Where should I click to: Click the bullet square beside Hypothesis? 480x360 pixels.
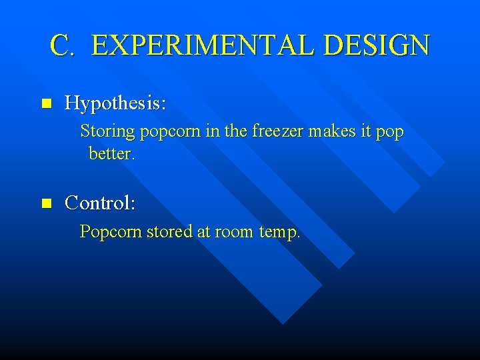click(x=46, y=104)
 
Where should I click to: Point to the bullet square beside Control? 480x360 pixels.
click(x=46, y=203)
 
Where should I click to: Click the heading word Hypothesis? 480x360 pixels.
click(x=115, y=103)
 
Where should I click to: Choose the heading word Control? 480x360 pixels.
click(x=100, y=202)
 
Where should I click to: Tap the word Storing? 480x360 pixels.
click(x=107, y=133)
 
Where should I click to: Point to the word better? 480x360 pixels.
click(x=111, y=154)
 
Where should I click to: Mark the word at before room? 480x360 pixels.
click(x=203, y=233)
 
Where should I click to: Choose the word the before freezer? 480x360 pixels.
click(x=236, y=132)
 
